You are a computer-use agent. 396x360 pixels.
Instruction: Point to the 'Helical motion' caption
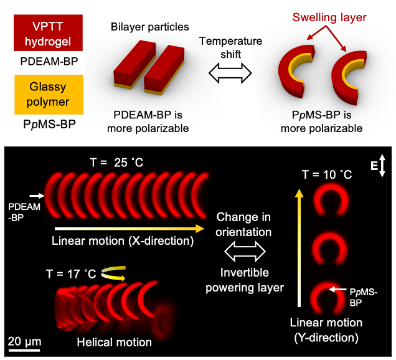click(114, 342)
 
